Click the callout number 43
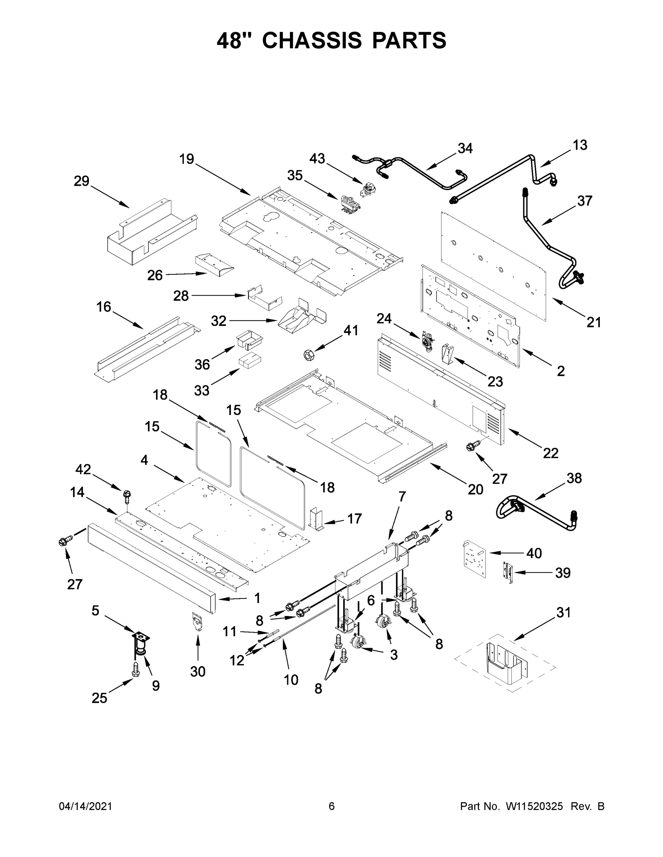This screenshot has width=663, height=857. pos(317,159)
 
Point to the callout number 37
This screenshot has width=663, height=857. pos(584,201)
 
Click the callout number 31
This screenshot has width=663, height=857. pos(563,612)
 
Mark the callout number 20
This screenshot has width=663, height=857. pos(475,489)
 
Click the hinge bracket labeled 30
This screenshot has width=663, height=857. pos(197,622)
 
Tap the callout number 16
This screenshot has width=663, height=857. pos(104,307)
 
